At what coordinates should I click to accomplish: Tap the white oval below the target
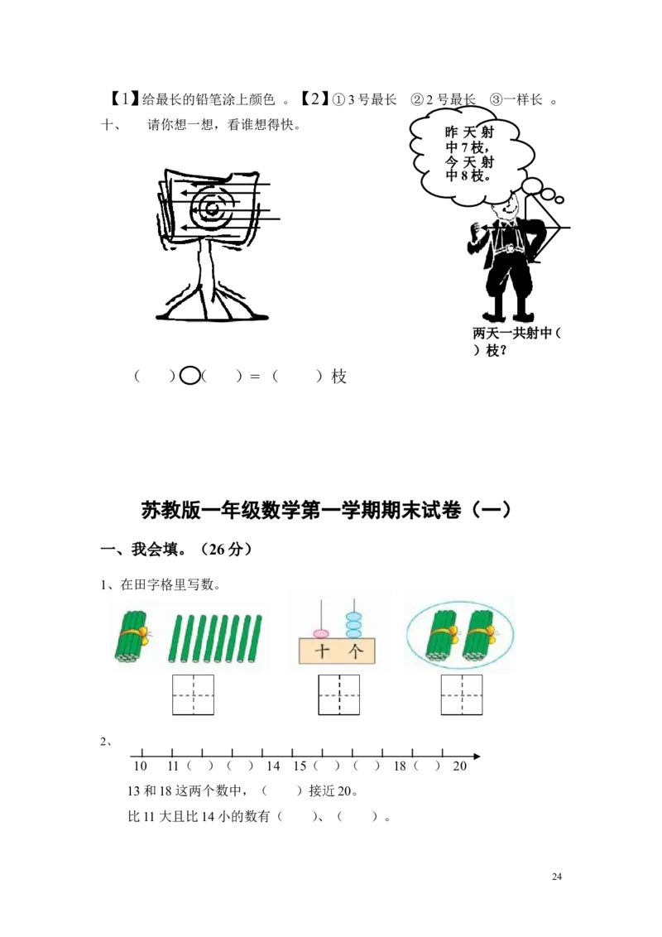coord(190,375)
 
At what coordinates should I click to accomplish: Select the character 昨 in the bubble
coord(451,133)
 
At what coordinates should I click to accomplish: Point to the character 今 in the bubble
coord(451,161)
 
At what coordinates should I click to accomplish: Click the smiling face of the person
coord(504,208)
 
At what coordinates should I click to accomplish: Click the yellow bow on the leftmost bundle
coord(142,635)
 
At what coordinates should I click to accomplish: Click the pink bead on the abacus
coord(320,634)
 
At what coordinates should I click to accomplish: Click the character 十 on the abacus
coord(323,652)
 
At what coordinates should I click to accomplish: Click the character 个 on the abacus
coord(355,652)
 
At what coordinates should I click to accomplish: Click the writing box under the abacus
coord(338,695)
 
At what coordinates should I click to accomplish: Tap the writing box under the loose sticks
coord(193,695)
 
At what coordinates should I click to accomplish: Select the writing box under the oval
coord(462,695)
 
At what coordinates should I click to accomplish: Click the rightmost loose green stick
coord(257,639)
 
